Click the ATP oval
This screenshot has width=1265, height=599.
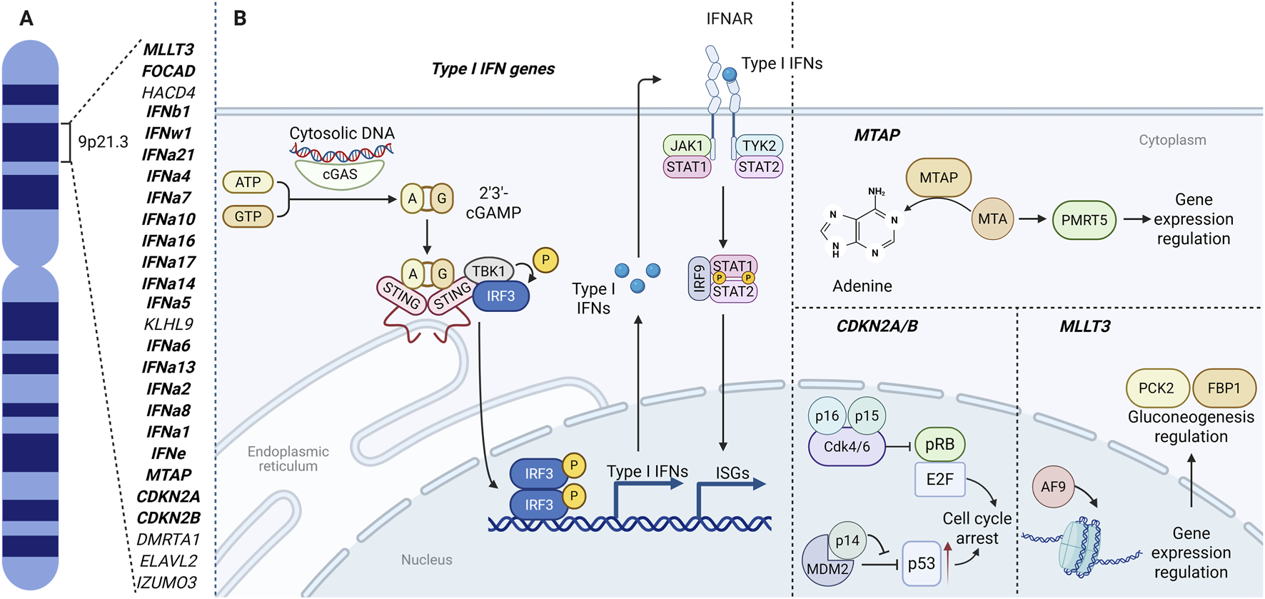[x=248, y=182]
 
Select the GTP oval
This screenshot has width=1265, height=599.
[x=248, y=216]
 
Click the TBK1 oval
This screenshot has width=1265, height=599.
[x=488, y=271]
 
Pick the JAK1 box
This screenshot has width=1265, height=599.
[x=687, y=146]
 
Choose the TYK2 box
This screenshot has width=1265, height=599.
[x=758, y=146]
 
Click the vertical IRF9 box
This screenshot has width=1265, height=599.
[x=699, y=279]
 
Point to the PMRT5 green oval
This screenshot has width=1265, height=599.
[x=1084, y=220]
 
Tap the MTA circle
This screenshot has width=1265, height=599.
[x=992, y=219]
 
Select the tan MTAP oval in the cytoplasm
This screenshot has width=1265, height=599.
[x=938, y=178]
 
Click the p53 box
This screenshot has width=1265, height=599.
[x=921, y=563]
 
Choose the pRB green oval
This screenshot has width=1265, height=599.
[x=939, y=444]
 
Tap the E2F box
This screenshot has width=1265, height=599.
[x=939, y=479]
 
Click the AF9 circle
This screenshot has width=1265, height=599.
[x=1053, y=487]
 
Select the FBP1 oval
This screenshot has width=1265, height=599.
[x=1224, y=388]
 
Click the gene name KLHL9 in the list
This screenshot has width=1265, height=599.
[x=168, y=324]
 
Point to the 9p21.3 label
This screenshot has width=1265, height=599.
[x=103, y=142]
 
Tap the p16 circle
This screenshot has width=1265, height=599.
[x=827, y=416]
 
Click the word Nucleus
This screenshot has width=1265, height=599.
[x=426, y=560]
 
